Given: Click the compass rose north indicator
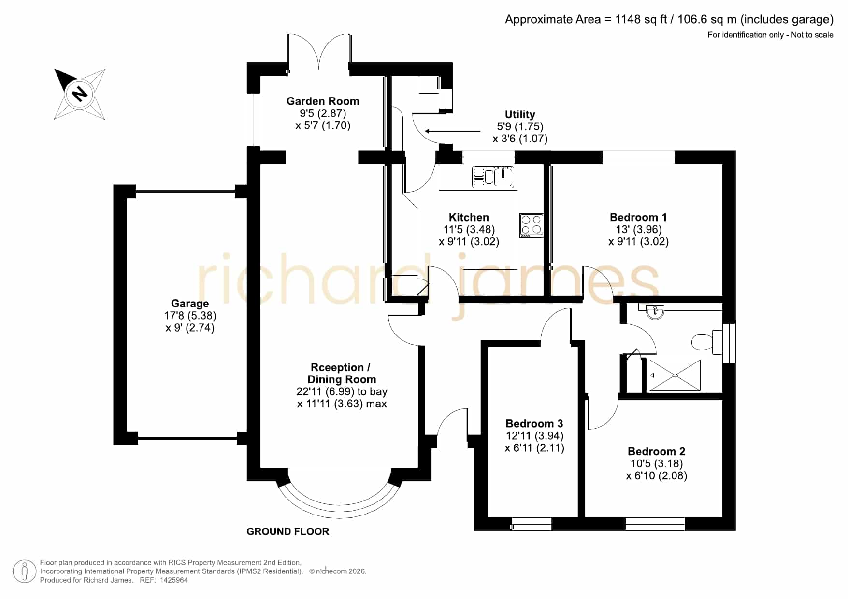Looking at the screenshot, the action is [80, 93].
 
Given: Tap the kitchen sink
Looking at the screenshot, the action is [493, 177].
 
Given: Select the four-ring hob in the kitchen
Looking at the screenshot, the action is [531, 225].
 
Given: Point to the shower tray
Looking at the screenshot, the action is [675, 375].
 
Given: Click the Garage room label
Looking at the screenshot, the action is [190, 304].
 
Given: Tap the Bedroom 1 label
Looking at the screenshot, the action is [638, 217].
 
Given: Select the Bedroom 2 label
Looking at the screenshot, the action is [656, 451].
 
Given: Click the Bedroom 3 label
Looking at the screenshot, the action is [534, 423].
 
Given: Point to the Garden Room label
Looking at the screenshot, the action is [323, 101].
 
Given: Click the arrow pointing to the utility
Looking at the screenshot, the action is [453, 131].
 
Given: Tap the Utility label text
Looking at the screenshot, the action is [520, 114].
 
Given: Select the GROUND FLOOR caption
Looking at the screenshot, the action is [288, 531].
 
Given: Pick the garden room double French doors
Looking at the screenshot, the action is [319, 52].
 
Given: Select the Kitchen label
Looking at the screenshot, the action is [469, 217].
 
